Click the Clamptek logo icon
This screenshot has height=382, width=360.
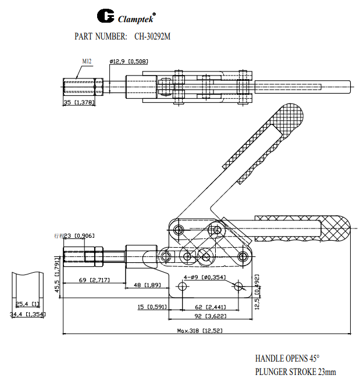[x=106, y=15]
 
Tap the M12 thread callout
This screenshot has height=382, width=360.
[x=87, y=61]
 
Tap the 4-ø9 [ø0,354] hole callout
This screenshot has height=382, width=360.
[x=204, y=277]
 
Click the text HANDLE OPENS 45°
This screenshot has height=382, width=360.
[x=287, y=359]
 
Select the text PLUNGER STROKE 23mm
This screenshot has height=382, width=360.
[x=295, y=372]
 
